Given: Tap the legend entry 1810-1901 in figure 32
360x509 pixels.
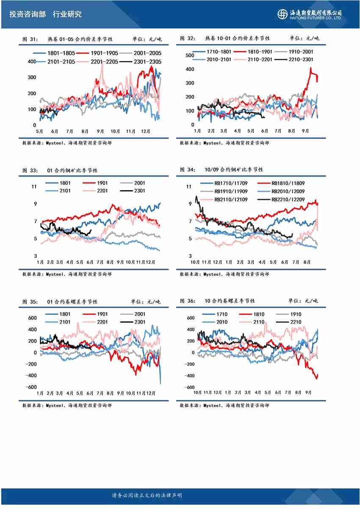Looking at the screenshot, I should point(252,52).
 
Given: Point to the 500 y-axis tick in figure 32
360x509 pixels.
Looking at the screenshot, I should point(190,55).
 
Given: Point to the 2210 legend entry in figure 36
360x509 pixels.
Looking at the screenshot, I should point(294,322).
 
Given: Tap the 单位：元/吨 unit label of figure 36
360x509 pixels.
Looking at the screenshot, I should point(303,301).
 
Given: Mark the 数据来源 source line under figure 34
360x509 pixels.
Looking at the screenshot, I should point(224,274).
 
